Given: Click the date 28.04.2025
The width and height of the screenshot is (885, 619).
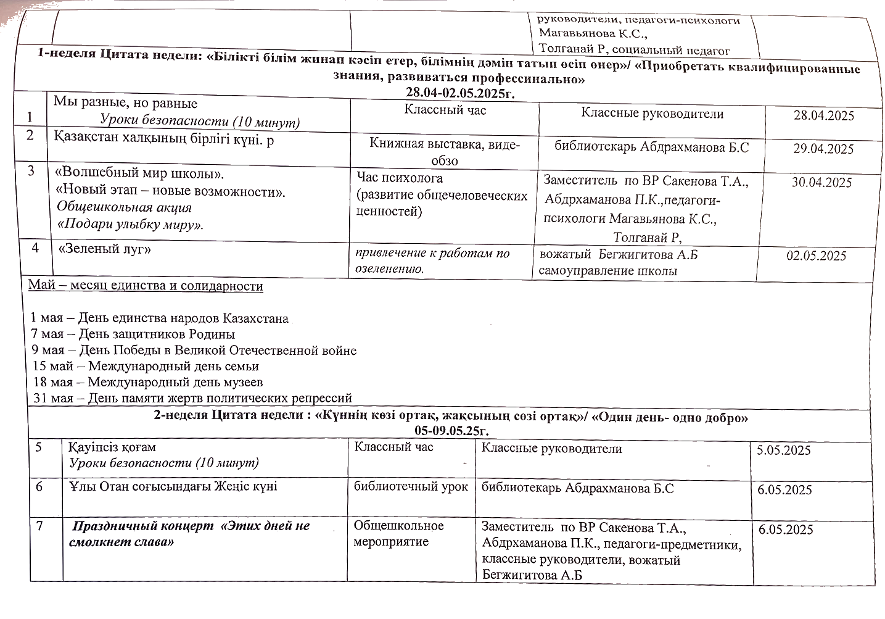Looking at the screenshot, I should [x=823, y=116].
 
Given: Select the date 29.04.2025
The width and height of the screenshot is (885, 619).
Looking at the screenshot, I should [x=823, y=149].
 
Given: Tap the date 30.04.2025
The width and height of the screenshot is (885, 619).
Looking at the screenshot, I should [x=821, y=183].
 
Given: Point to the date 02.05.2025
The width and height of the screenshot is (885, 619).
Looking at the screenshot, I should [x=816, y=256].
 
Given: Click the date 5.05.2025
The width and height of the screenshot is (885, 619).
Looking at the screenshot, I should [x=783, y=451].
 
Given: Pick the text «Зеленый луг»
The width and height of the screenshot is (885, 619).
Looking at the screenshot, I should [x=104, y=249].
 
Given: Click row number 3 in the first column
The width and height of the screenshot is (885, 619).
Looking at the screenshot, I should [x=31, y=172].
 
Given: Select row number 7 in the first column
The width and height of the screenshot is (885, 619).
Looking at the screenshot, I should [x=40, y=526].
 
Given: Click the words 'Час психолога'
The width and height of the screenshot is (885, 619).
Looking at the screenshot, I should [x=400, y=178].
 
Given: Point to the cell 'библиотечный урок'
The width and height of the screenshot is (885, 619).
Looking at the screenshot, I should [x=411, y=487].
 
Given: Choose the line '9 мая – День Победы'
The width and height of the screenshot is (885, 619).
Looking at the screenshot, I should [x=194, y=351].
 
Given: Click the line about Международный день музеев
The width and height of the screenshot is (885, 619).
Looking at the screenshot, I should [x=148, y=383].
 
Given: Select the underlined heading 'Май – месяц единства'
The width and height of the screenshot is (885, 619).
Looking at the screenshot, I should [x=146, y=286].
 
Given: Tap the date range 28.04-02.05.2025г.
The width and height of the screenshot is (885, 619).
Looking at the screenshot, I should [x=459, y=93].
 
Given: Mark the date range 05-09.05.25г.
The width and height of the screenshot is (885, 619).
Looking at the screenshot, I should [x=452, y=430].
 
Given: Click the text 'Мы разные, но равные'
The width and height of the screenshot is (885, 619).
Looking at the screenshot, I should [x=125, y=103].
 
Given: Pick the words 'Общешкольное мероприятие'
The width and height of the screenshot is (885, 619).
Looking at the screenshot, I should [x=398, y=534].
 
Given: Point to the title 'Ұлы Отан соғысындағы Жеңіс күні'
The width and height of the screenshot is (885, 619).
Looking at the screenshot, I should [x=173, y=487].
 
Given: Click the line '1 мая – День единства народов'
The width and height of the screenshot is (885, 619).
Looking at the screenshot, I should [x=160, y=319].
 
